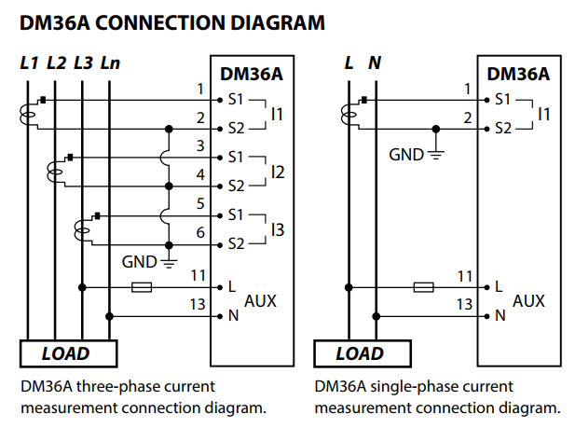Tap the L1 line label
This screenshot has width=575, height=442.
tap(30, 63)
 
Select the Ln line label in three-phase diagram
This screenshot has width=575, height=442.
tap(110, 63)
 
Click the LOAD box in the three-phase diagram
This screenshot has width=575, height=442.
tap(66, 353)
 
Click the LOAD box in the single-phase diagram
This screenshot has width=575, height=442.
tap(359, 353)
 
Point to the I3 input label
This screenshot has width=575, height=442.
tap(277, 228)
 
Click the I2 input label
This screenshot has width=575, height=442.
tap(277, 172)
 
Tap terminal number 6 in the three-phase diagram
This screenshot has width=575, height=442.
tap(200, 233)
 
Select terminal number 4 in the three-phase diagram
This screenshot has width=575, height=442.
tap(200, 174)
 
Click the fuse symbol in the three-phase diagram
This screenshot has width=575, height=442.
tap(143, 286)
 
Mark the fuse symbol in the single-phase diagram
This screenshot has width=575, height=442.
tap(423, 286)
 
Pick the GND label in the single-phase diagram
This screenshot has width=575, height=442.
tap(406, 155)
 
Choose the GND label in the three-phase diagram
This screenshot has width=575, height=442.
tap(140, 262)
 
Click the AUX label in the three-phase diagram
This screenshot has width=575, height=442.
tap(260, 301)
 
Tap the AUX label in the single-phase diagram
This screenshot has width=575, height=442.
tap(528, 301)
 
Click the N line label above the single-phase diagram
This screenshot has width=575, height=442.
tap(375, 63)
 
